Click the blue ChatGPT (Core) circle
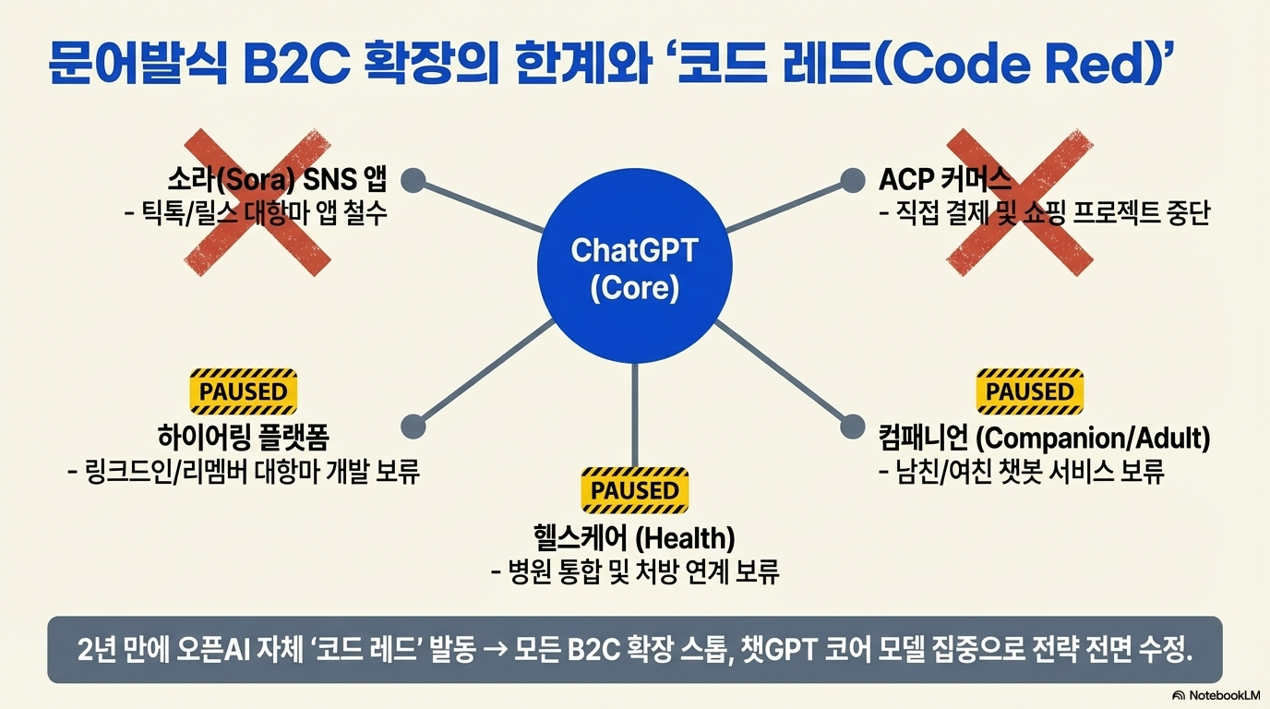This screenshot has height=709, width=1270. point(634,266)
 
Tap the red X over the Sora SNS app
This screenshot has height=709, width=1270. point(258,202)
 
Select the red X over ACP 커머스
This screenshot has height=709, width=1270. point(1020,202)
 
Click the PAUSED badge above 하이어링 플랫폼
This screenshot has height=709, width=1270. point(244,391)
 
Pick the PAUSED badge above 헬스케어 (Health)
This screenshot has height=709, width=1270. point(635,490)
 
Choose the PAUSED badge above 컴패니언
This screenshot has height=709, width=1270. point(1030,391)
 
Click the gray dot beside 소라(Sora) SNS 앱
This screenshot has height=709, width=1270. point(413,180)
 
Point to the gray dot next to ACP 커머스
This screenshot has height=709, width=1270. point(852,180)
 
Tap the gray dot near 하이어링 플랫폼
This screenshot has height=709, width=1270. point(413,427)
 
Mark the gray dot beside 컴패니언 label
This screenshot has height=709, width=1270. point(852,427)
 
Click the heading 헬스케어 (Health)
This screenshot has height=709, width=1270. point(634,537)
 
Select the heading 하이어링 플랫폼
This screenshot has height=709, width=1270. point(244,438)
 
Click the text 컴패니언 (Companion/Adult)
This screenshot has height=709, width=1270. point(1045,439)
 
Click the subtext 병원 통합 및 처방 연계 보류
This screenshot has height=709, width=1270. point(635,571)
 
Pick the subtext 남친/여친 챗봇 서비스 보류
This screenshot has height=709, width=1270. point(1022,472)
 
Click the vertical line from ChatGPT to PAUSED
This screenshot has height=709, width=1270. point(634,415)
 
